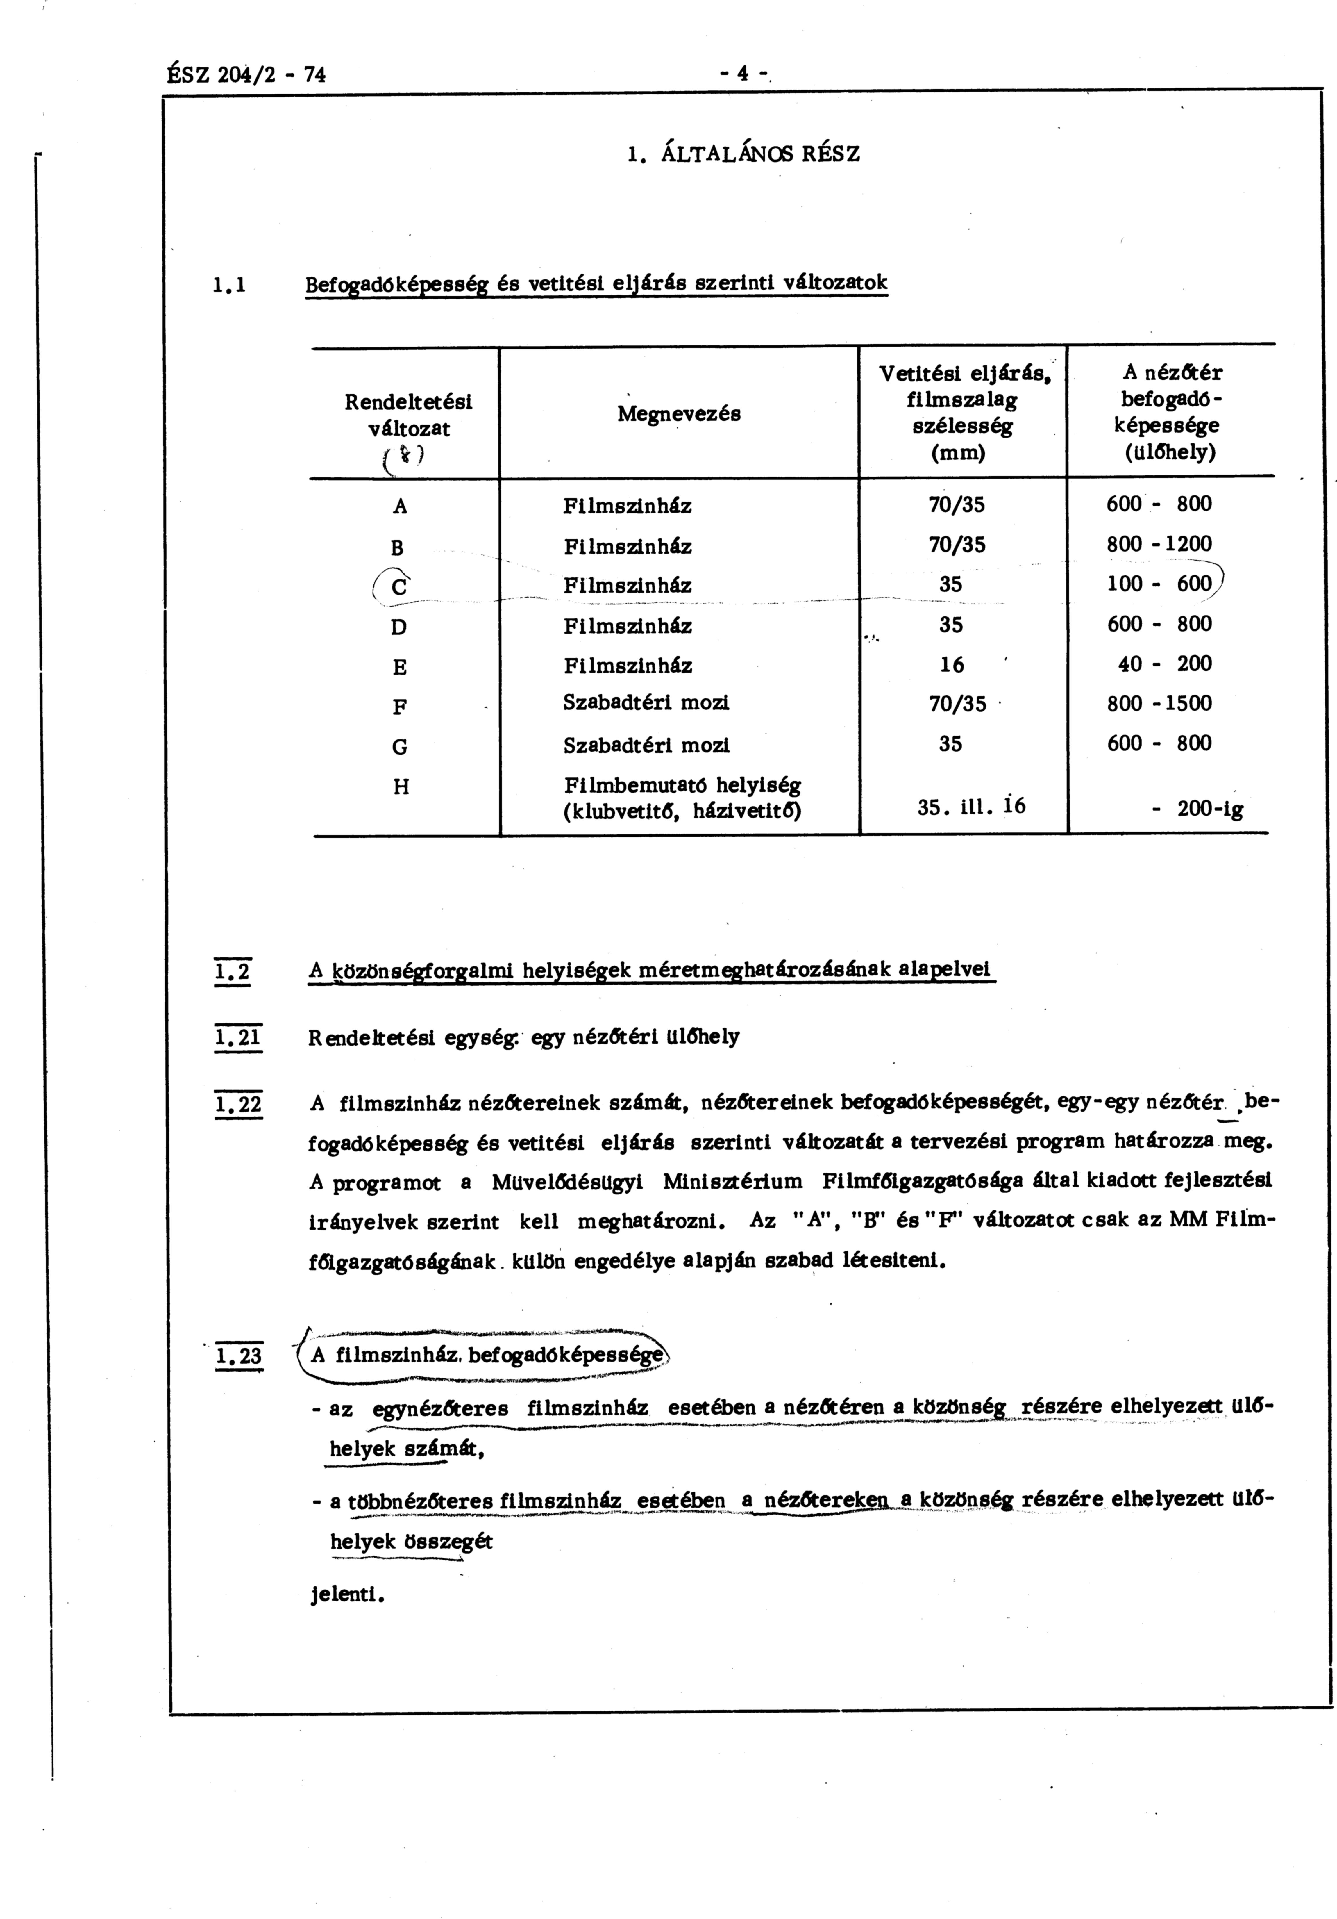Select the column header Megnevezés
[x=678, y=414]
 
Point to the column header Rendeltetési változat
[x=409, y=415]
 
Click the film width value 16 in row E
[x=951, y=665]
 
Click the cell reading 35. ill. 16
[x=971, y=807]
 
